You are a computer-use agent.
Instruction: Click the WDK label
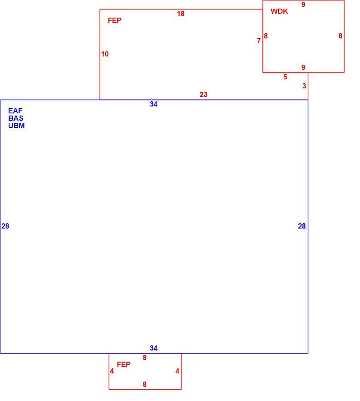coord(279,11)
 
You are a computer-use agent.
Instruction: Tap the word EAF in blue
coord(16,111)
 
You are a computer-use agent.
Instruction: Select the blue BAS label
coord(16,118)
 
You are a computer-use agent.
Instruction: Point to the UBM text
coord(16,125)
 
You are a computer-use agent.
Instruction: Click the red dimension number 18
coord(181,13)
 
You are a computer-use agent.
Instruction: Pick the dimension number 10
coord(105,54)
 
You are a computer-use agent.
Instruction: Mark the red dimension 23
coord(203,94)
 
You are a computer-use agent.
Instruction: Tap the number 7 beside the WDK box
coord(259,41)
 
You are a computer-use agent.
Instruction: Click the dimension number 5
coord(285,77)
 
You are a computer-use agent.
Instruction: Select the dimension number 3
coord(304,86)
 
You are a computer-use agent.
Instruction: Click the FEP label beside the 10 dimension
coord(115,20)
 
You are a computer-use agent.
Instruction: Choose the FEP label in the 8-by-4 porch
coord(124,364)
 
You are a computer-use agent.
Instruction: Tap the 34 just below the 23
coord(153,104)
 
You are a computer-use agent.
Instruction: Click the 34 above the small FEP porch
coord(153,348)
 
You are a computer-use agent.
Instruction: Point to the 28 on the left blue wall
coord(5,226)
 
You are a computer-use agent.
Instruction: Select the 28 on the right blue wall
coord(302,226)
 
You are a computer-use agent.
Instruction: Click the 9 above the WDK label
coord(303,4)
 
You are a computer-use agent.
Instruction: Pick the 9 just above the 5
coord(303,67)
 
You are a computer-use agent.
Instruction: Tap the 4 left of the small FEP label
coord(112,371)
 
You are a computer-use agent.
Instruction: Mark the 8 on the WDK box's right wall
coord(340,36)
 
